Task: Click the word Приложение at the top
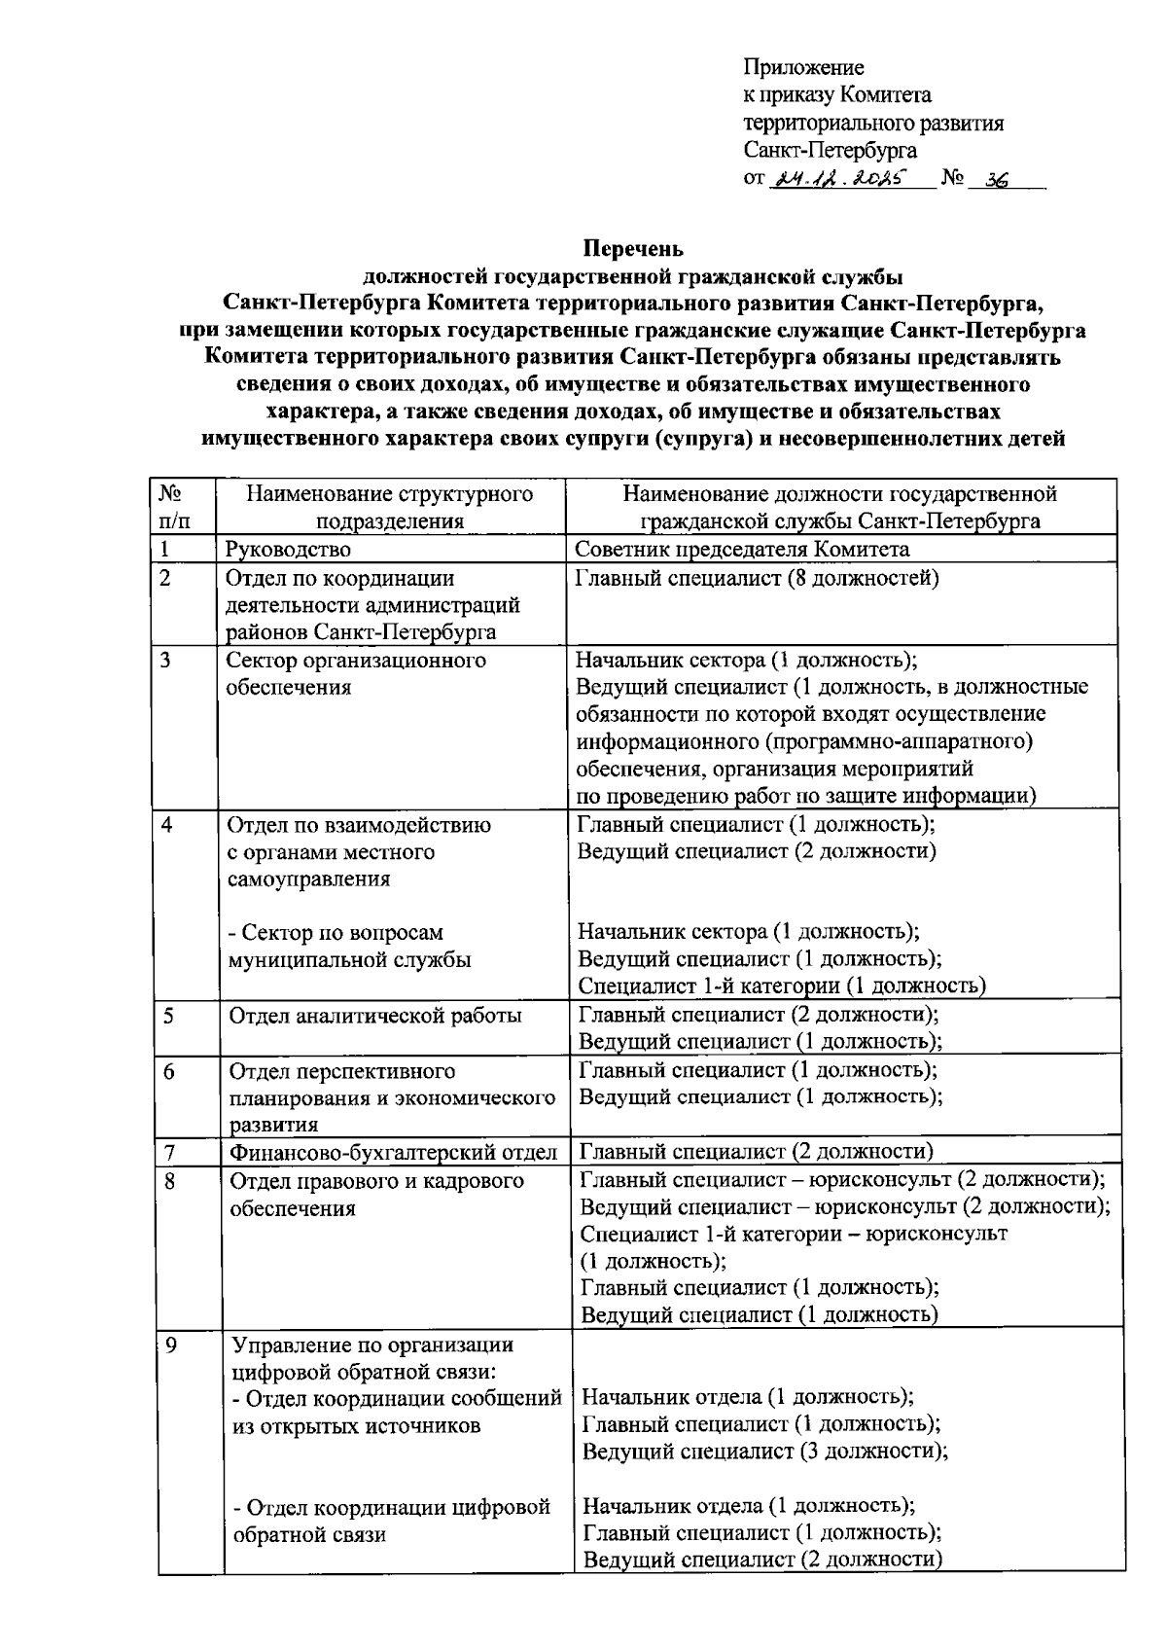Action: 803,67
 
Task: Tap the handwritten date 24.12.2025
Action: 837,178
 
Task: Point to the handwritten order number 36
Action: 996,179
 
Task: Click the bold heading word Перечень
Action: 633,248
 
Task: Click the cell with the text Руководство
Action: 288,550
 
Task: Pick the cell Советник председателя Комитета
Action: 742,550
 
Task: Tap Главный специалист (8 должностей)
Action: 757,579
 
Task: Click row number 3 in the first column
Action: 166,661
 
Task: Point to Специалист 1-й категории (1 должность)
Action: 782,986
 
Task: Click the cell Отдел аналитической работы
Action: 375,1016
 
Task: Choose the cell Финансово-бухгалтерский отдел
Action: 393,1153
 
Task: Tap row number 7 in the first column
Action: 169,1153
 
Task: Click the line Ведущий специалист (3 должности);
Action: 764,1451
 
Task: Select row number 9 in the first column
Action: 171,1347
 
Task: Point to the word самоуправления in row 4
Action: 309,879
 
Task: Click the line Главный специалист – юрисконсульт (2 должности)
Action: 842,1180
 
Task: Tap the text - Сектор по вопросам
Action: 335,932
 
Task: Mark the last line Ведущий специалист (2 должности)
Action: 761,1560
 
